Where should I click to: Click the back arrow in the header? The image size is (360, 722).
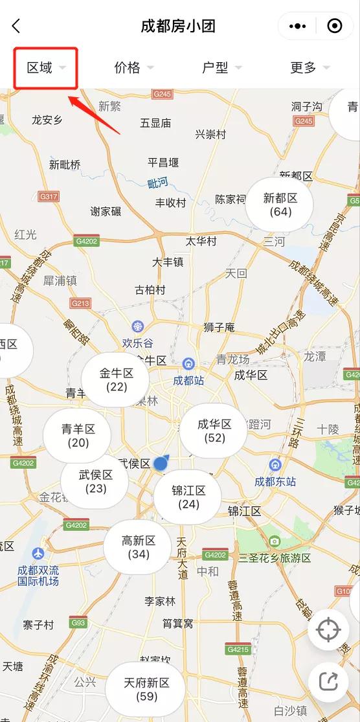pos(16,26)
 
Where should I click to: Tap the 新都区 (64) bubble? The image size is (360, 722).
pos(280,205)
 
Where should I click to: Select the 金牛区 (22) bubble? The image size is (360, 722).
pos(116,380)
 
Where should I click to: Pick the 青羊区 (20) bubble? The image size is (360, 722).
pos(78,436)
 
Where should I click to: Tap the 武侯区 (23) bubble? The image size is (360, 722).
pos(95,481)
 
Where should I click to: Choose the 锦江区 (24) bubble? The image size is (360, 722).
pos(188,497)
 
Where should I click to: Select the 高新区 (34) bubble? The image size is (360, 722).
pos(139,547)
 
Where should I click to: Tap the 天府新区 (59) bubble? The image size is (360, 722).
pos(146,689)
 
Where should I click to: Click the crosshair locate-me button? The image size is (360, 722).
pos(328,630)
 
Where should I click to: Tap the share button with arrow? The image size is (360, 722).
pos(328,680)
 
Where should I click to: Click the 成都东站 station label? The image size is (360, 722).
pos(275,481)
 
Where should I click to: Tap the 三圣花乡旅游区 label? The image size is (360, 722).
pos(275,558)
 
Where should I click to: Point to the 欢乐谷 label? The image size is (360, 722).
pos(137,343)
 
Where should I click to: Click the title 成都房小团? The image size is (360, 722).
pos(178,26)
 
